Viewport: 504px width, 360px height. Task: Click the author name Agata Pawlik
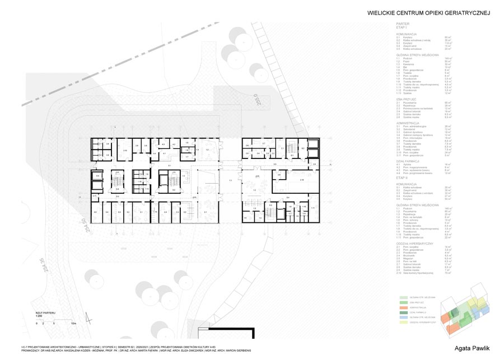click(471, 348)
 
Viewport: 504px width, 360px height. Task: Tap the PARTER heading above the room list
click(403, 24)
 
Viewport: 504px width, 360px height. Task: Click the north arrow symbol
click(87, 317)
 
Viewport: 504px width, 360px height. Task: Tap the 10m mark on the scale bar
click(73, 324)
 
